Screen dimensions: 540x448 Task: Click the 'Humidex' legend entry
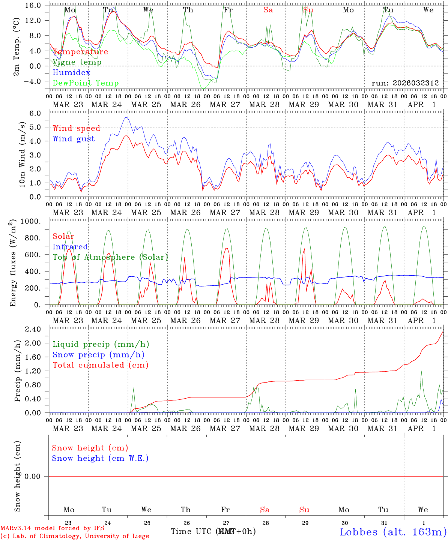coord(71,73)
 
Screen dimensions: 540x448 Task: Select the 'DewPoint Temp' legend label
coord(86,83)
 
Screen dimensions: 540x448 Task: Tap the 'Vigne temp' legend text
coord(77,62)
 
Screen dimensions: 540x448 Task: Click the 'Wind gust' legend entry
coord(74,139)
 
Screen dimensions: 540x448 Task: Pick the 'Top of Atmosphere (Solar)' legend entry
coord(110,257)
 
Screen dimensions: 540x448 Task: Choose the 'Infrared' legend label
coord(70,247)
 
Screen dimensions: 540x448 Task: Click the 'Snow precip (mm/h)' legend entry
coord(98,355)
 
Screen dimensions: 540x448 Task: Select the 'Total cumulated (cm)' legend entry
coord(100,365)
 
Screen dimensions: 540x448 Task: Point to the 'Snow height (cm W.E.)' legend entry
coord(100,458)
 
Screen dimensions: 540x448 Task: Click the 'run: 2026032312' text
coord(405,83)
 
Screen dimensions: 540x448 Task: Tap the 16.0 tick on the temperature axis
coord(34,5)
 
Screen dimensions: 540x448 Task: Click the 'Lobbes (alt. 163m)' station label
coord(393,532)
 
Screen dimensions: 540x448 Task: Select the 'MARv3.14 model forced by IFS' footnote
coord(52,528)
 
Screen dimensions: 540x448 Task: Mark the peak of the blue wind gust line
coord(126,118)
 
